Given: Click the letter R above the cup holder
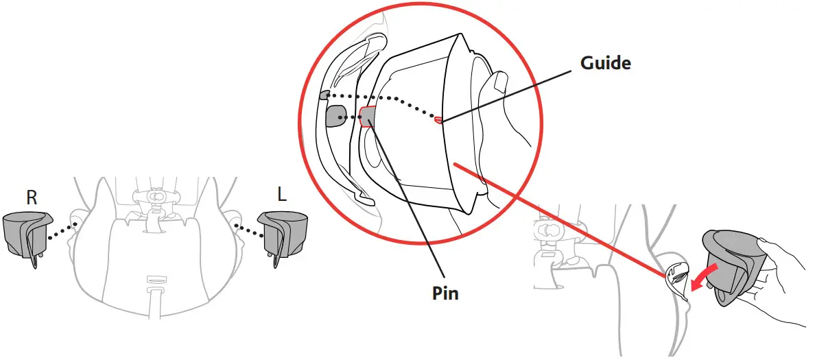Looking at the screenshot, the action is coord(32,198).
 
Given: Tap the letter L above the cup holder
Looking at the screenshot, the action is coord(282,195).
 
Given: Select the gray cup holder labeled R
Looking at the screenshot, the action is coord(26,237).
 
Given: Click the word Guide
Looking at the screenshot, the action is coord(606,63).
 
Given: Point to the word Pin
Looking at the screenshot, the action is coord(445,293).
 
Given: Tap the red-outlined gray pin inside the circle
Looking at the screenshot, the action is coord(368,117).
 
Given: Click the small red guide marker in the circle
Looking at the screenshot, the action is coord(438,120).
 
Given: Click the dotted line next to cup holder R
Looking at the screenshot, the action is coord(62,231).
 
